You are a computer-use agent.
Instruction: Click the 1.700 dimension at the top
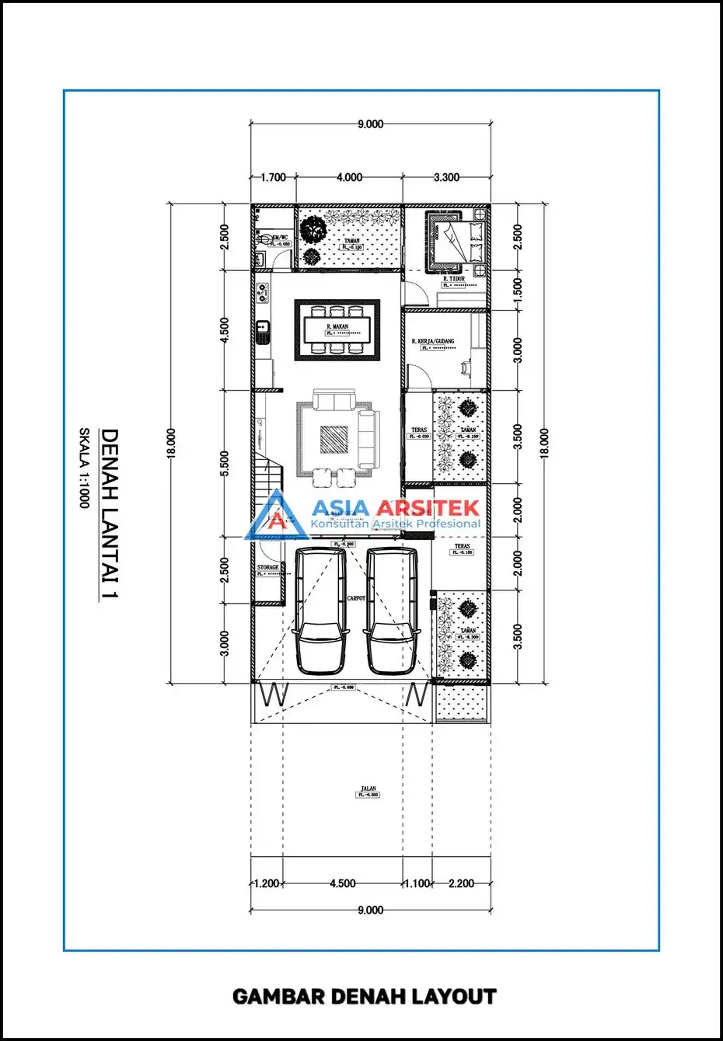[x=273, y=177]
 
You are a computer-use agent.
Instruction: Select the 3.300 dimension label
[x=446, y=177]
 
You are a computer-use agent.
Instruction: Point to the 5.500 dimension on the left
[x=225, y=464]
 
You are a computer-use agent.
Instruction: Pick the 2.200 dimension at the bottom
[x=461, y=883]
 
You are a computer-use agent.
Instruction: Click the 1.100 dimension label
[x=416, y=883]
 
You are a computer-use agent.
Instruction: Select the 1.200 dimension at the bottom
[x=267, y=883]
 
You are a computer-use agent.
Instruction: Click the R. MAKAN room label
[x=337, y=327]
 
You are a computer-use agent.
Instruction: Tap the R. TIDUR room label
[x=454, y=279]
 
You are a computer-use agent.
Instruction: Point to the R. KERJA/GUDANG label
[x=433, y=342]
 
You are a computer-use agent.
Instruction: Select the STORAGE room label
[x=267, y=568]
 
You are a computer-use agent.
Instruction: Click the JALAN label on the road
[x=368, y=789]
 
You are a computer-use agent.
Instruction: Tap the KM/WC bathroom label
[x=280, y=237]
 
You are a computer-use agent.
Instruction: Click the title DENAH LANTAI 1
[x=110, y=514]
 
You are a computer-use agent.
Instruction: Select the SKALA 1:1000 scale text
[x=84, y=468]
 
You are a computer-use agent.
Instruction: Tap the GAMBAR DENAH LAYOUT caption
[x=364, y=997]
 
